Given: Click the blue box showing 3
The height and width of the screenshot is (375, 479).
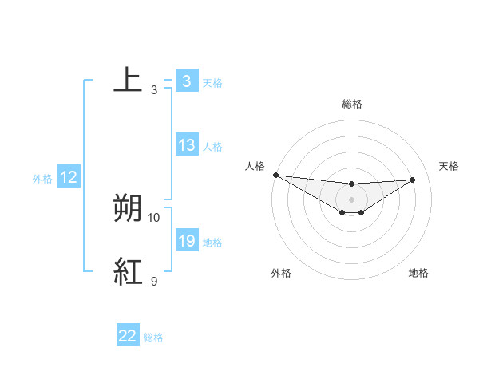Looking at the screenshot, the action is (x=186, y=81).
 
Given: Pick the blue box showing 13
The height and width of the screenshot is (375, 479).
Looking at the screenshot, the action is (x=187, y=145).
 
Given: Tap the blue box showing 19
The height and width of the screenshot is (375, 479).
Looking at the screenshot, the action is (x=187, y=241).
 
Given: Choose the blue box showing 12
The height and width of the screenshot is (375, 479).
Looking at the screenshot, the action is (x=69, y=178).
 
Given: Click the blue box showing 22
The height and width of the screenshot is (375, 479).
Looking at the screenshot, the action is (x=128, y=336).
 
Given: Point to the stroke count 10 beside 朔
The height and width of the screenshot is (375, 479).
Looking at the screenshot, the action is (x=154, y=217).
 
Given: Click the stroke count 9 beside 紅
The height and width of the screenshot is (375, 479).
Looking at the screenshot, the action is (x=154, y=282).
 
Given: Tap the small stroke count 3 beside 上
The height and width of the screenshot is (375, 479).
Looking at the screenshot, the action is (x=154, y=90).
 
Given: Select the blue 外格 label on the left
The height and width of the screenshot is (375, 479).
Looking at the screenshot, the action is (x=42, y=179).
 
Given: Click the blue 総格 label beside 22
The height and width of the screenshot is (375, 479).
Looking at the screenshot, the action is (x=153, y=337).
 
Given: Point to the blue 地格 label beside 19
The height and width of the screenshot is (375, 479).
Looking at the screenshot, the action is (x=212, y=243).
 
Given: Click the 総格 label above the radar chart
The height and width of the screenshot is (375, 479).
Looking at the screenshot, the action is (x=352, y=104).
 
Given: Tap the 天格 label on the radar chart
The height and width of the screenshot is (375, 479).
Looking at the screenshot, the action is (x=449, y=166).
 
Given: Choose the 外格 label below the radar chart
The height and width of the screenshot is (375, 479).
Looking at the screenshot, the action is (x=281, y=273).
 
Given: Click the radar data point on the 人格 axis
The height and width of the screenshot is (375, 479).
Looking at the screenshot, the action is (x=275, y=175).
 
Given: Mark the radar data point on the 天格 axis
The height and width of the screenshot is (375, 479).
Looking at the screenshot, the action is (x=413, y=180).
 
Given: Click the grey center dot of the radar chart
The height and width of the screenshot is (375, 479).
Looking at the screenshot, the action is (x=352, y=199).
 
